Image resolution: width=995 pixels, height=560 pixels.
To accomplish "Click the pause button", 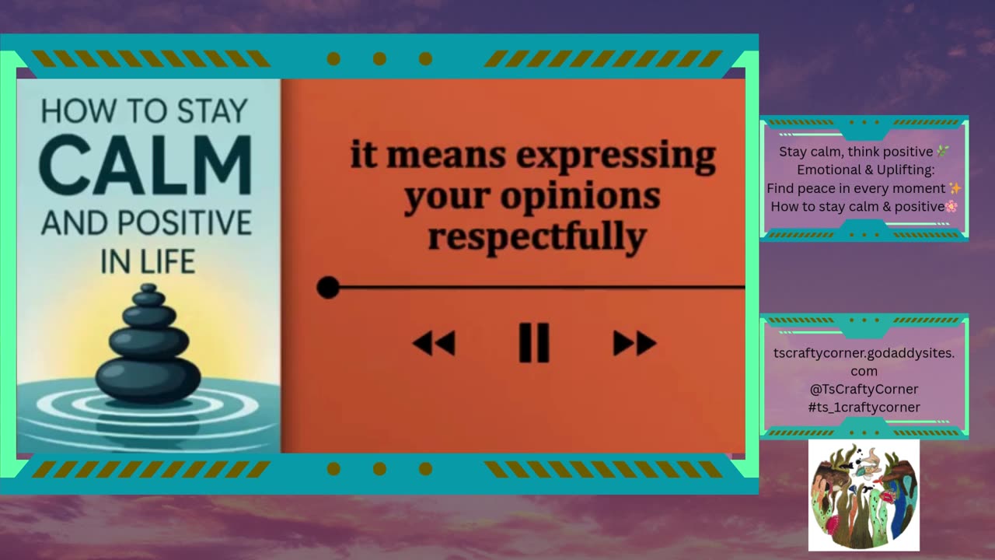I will tap(534, 343).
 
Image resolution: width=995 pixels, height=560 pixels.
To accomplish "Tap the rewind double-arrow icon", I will tap(434, 343).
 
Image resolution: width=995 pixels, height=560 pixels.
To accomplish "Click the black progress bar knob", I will tap(328, 288).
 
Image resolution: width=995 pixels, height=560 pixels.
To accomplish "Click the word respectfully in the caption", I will tap(536, 236).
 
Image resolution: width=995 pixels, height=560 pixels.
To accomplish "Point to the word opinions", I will tap(580, 196).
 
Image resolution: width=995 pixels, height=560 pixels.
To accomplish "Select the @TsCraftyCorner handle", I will tap(864, 389).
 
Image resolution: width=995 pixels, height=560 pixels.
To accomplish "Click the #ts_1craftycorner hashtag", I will tap(864, 407).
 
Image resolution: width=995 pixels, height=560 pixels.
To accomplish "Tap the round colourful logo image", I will tap(864, 495).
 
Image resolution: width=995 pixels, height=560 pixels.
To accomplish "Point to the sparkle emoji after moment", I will tap(955, 188).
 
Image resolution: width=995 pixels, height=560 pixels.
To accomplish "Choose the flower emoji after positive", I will tap(952, 206).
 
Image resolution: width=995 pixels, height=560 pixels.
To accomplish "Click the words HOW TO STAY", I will tap(145, 111).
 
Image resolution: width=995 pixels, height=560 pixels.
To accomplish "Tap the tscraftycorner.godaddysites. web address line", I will tap(864, 353).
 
